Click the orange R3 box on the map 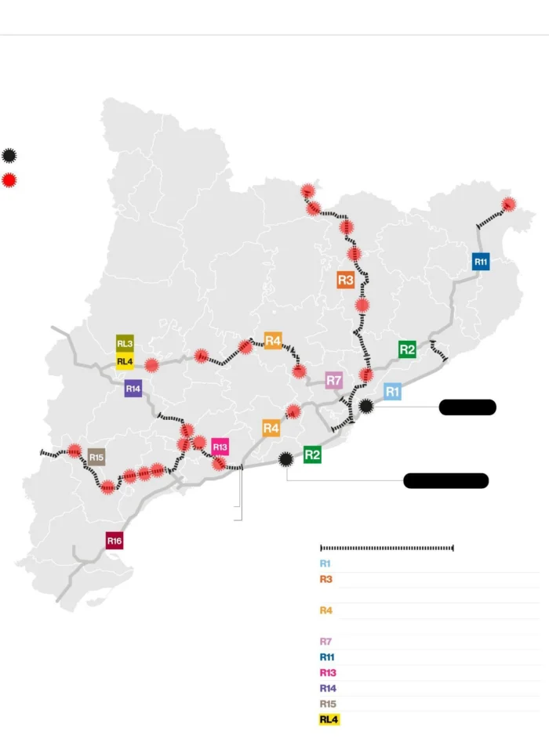point(346,280)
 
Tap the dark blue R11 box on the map point(481,262)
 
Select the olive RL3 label point(125,343)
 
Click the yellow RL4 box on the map point(125,361)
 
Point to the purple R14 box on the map point(133,389)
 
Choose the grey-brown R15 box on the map point(96,457)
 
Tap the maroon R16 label point(115,541)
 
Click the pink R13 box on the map point(220,447)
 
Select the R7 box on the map point(334,381)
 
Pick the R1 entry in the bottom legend point(325,563)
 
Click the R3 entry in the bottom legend point(325,579)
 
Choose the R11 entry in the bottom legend point(327,657)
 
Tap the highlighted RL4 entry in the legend point(329,719)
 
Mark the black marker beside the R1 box point(366,406)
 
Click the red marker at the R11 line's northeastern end point(508,205)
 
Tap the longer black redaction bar point(445,480)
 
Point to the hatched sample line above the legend point(387,548)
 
